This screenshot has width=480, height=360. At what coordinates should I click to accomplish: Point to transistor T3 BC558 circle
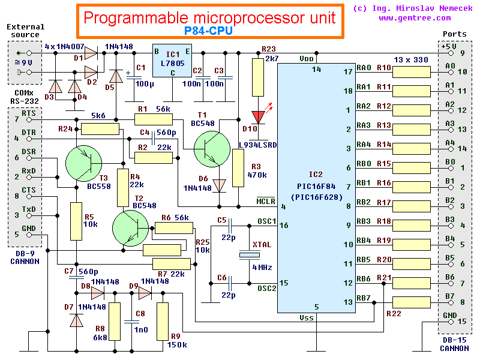pyautogui.click(x=83, y=163)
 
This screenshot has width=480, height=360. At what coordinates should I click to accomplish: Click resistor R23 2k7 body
pyautogui.click(x=258, y=75)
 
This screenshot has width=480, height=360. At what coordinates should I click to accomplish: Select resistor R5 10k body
pyautogui.click(x=76, y=221)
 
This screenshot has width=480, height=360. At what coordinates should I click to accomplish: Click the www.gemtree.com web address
pyautogui.click(x=427, y=18)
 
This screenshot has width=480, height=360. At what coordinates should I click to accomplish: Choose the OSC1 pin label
pyautogui.click(x=266, y=221)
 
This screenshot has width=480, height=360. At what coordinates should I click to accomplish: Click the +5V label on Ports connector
pyautogui.click(x=448, y=46)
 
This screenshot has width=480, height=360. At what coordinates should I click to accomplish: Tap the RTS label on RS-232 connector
pyautogui.click(x=28, y=113)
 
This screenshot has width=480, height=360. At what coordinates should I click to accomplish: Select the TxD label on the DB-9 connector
pyautogui.click(x=28, y=209)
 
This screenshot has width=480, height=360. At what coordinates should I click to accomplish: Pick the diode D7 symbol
pyautogui.click(x=76, y=320)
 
